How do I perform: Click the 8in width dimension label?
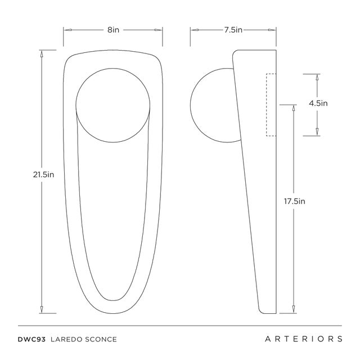[113, 29]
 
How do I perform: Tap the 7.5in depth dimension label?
[233, 29]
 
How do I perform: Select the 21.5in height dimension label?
[43, 174]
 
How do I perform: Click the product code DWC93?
[31, 339]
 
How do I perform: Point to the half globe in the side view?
[214, 105]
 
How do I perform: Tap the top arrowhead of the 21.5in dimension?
[41, 53]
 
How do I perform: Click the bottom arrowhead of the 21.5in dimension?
[41, 309]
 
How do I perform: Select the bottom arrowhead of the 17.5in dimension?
[294, 309]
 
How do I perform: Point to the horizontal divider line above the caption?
[180, 325]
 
